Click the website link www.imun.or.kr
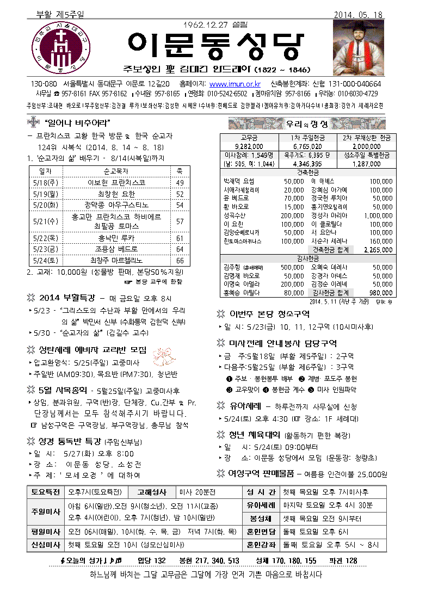[x=234, y=84]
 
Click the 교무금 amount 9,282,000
[x=250, y=146]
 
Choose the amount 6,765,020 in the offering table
[x=307, y=146]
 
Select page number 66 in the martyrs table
[x=180, y=261]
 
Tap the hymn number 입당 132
[x=151, y=560]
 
